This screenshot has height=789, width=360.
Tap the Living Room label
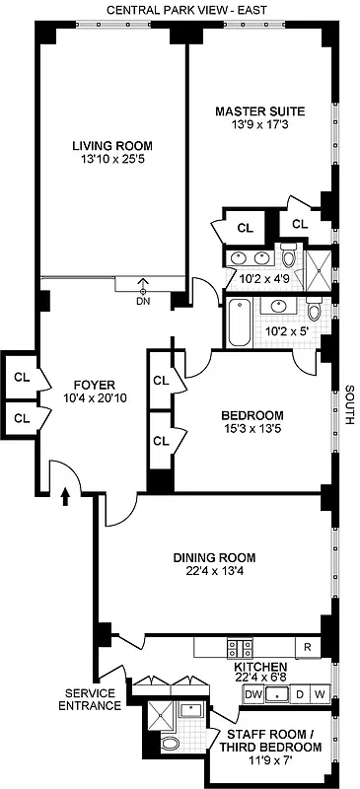click(x=111, y=146)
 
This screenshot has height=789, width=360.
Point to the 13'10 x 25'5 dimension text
click(x=111, y=161)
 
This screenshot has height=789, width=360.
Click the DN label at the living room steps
click(x=144, y=302)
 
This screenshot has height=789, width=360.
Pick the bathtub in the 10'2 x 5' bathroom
click(x=240, y=322)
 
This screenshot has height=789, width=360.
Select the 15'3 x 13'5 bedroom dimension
click(x=252, y=429)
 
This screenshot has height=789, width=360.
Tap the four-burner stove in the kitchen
click(x=238, y=648)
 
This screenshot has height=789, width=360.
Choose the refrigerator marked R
click(x=309, y=648)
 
